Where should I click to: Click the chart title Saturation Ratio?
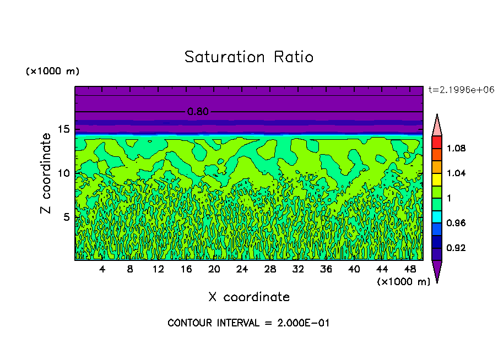248,57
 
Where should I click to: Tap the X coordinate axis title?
248,297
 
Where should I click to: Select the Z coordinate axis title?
46,173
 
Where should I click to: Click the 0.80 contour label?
198,112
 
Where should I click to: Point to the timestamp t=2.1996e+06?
461,89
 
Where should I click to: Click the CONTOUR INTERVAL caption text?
248,323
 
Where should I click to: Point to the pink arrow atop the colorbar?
437,125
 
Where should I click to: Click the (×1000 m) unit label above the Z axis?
52,72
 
